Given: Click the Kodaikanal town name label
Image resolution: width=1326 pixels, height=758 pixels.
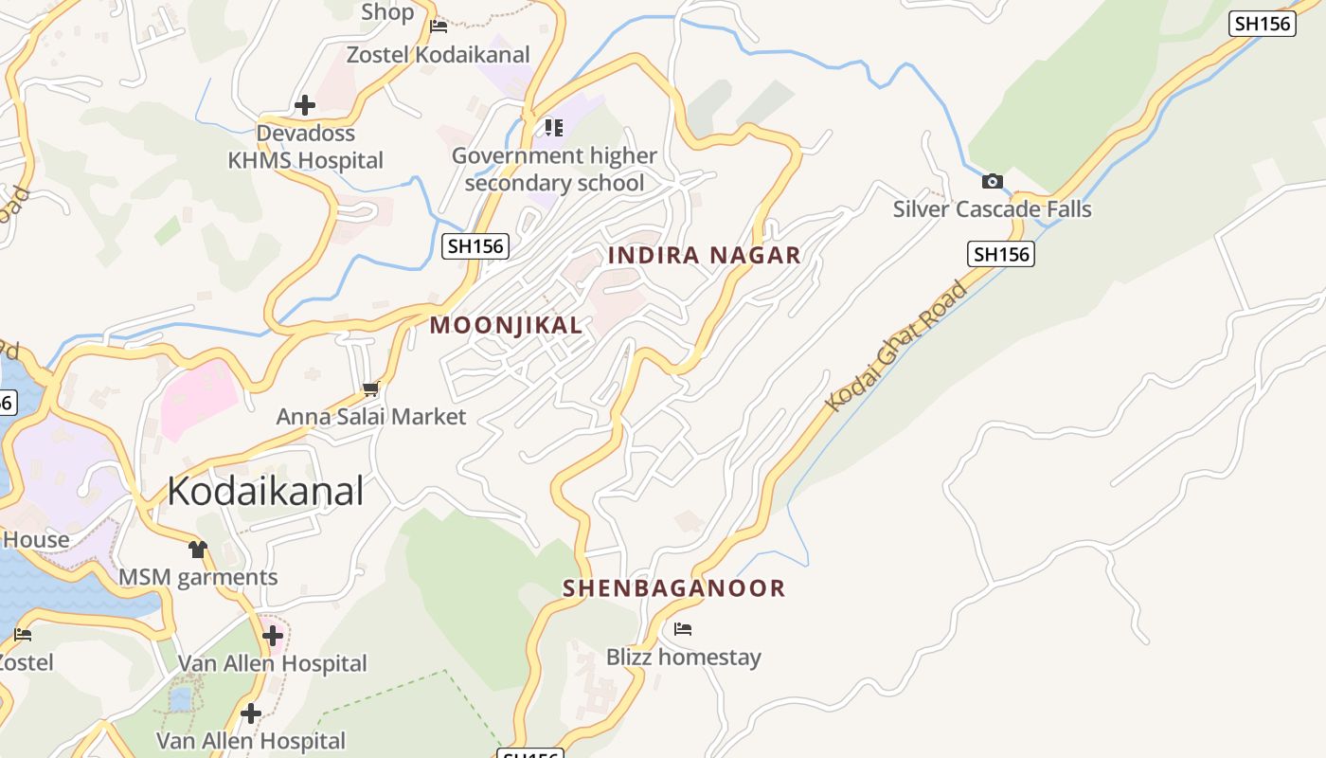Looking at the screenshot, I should click(265, 491).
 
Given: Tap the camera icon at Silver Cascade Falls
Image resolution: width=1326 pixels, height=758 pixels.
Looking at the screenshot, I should click(992, 181).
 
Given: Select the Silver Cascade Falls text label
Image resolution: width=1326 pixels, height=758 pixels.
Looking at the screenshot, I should click(992, 209).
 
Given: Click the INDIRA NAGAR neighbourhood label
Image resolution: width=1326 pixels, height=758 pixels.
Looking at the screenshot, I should click(704, 255).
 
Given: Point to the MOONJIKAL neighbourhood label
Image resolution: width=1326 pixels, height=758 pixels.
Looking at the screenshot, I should click(506, 325).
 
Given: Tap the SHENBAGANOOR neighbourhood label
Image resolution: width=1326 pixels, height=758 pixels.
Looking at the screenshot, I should click(674, 588).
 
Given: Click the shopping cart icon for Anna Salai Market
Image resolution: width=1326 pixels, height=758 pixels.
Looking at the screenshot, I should click(371, 388).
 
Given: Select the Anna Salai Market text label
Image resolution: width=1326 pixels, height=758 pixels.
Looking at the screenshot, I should click(371, 417).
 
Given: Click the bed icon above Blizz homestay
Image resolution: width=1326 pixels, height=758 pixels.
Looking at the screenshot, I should click(683, 628).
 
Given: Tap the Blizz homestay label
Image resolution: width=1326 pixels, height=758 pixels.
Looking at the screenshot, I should click(683, 657).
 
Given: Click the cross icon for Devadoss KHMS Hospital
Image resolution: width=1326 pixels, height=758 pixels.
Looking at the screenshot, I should click(305, 104).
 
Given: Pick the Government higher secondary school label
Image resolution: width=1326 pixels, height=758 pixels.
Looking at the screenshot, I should click(554, 169).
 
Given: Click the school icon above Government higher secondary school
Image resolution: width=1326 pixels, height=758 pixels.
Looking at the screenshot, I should click(554, 127).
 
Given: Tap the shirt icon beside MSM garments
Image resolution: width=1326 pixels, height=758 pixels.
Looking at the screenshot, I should click(197, 549).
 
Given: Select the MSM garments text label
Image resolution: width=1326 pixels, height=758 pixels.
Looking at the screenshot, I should click(198, 577).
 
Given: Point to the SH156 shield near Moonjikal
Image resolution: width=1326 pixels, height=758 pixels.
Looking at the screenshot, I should click(475, 246).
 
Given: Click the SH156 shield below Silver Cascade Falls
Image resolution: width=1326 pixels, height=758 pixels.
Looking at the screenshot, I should click(1001, 254).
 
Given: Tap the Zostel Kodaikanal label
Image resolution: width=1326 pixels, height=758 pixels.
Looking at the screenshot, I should click(438, 55).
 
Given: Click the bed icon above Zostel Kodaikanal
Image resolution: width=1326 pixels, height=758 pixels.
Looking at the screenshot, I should click(438, 27).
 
